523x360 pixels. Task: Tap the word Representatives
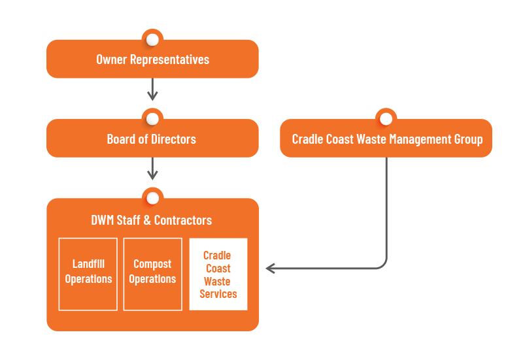pos(169,60)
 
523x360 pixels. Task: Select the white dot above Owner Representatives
pos(152,39)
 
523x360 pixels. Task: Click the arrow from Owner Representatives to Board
pos(152,90)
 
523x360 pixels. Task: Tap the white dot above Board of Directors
pos(152,119)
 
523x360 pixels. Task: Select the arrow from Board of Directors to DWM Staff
pos(152,169)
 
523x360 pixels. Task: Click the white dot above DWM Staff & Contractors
pos(152,198)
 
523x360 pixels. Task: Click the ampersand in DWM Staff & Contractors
pos(147,220)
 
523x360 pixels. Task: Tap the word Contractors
pos(183,220)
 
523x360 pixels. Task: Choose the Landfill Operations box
pos(88,274)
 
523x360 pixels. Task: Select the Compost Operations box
pos(153,274)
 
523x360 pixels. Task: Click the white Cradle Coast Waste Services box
pos(218,274)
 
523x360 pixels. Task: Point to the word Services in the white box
pos(218,294)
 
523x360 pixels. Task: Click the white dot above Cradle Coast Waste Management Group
pos(386,119)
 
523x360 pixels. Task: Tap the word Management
pos(420,139)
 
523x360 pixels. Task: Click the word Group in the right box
pos(469,140)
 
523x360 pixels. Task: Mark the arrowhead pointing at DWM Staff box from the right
pos(270,268)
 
